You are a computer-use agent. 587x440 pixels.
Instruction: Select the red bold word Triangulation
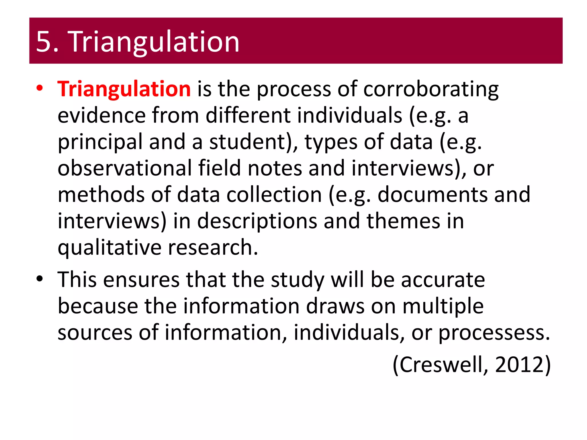pos(124,89)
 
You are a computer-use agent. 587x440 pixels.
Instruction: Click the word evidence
pos(102,115)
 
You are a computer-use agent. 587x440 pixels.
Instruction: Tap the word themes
pos(403,221)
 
